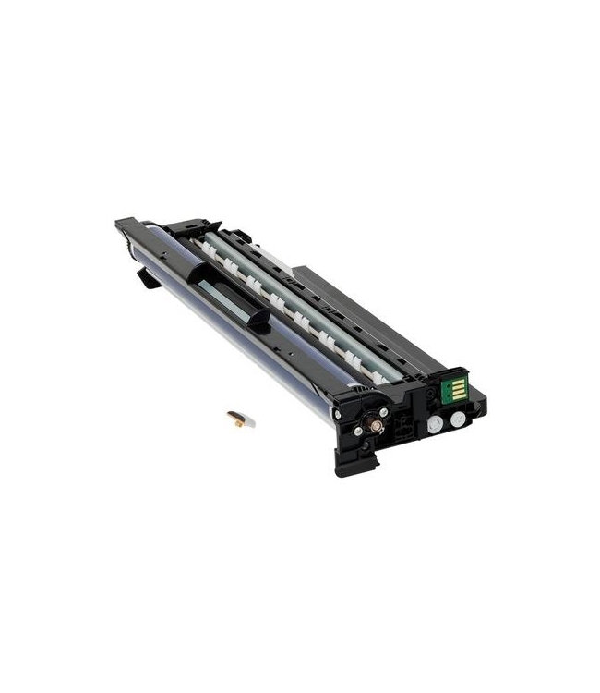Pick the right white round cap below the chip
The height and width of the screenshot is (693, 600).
click(x=457, y=419)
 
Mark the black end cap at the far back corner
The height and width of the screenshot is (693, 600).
click(x=126, y=225)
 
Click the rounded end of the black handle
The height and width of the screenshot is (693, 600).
click(x=259, y=319)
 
